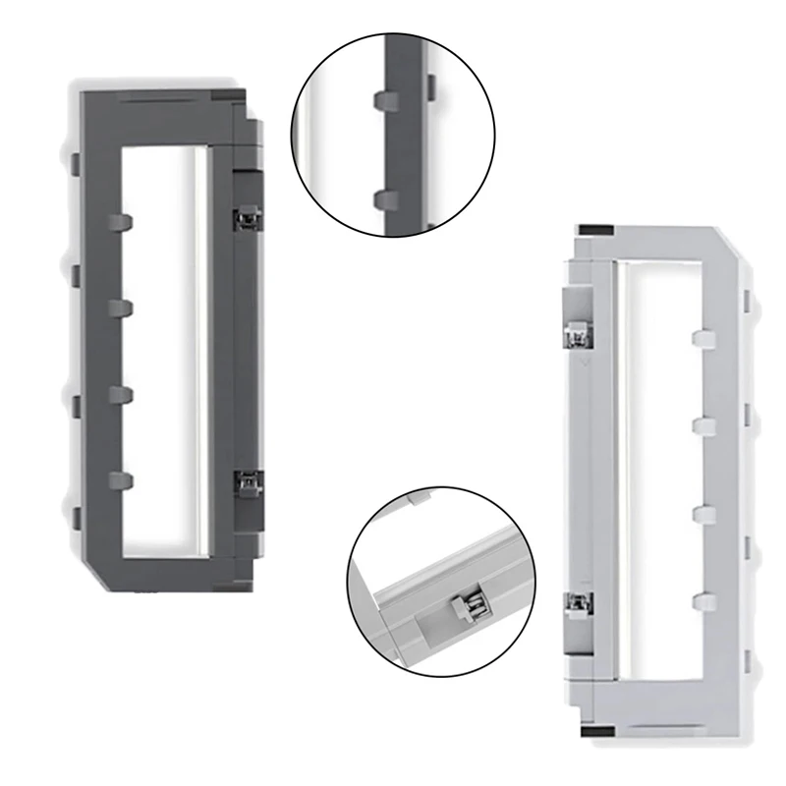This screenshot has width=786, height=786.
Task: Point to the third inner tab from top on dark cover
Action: [x=120, y=393]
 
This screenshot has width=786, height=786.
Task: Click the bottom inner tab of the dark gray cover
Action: [x=120, y=478]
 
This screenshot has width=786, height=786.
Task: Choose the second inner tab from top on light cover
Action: [x=703, y=425]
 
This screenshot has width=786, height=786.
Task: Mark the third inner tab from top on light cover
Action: [x=703, y=513]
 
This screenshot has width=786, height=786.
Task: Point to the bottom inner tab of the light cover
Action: [x=703, y=599]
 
